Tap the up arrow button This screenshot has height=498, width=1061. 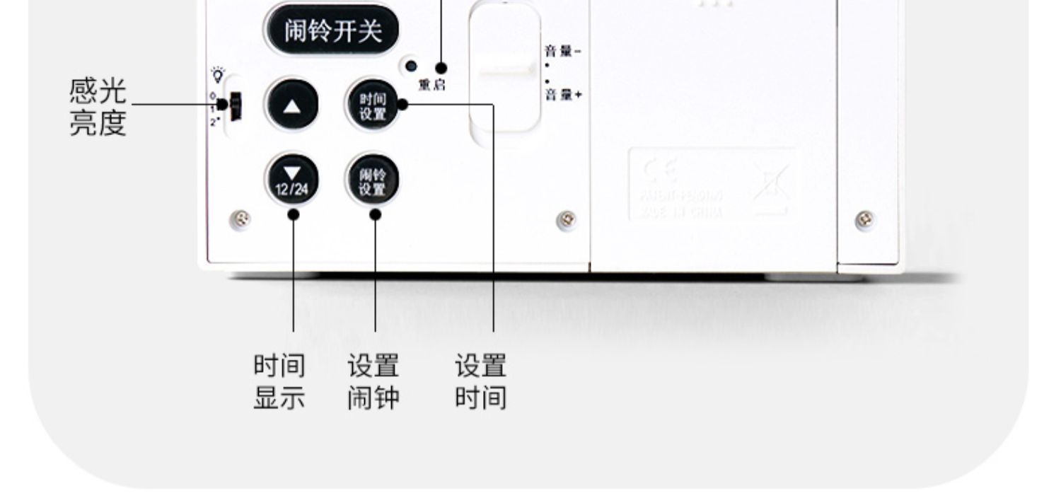click(291, 105)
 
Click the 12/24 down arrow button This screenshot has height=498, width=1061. click(291, 180)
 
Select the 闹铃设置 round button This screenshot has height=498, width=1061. click(373, 180)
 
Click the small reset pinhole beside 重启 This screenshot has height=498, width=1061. click(410, 67)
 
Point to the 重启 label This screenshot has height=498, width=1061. click(432, 85)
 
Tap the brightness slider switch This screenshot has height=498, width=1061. click(236, 106)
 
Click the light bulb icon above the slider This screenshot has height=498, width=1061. click(218, 74)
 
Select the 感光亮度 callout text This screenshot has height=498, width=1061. click(98, 107)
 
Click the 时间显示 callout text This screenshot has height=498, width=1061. click(279, 382)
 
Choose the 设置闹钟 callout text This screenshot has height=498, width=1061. click(373, 382)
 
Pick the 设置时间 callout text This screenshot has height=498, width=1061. click(480, 382)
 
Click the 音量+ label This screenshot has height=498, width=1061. click(562, 95)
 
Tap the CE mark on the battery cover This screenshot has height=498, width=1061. click(659, 170)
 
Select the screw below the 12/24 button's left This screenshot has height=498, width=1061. click(241, 220)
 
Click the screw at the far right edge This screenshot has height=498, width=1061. click(864, 219)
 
